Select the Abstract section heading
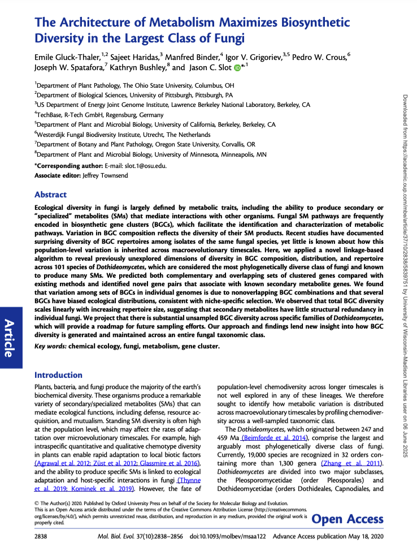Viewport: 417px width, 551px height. (51, 194)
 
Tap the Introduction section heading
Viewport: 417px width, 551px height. (58, 374)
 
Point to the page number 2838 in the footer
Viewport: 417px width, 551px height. (43, 535)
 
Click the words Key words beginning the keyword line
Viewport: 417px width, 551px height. (51, 346)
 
